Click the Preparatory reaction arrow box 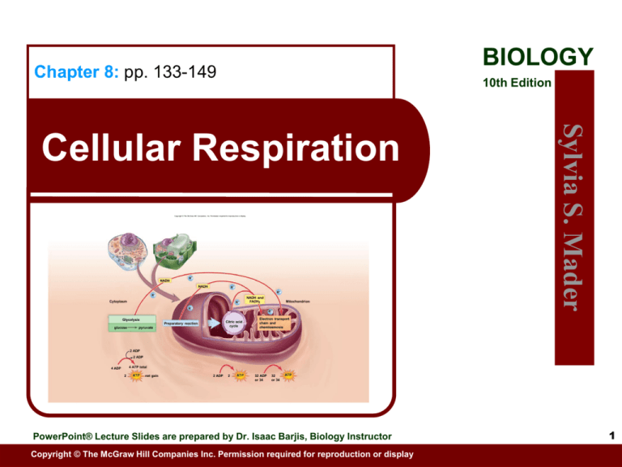(x=182, y=323)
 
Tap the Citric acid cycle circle (x=232, y=324)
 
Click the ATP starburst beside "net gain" (x=136, y=375)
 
